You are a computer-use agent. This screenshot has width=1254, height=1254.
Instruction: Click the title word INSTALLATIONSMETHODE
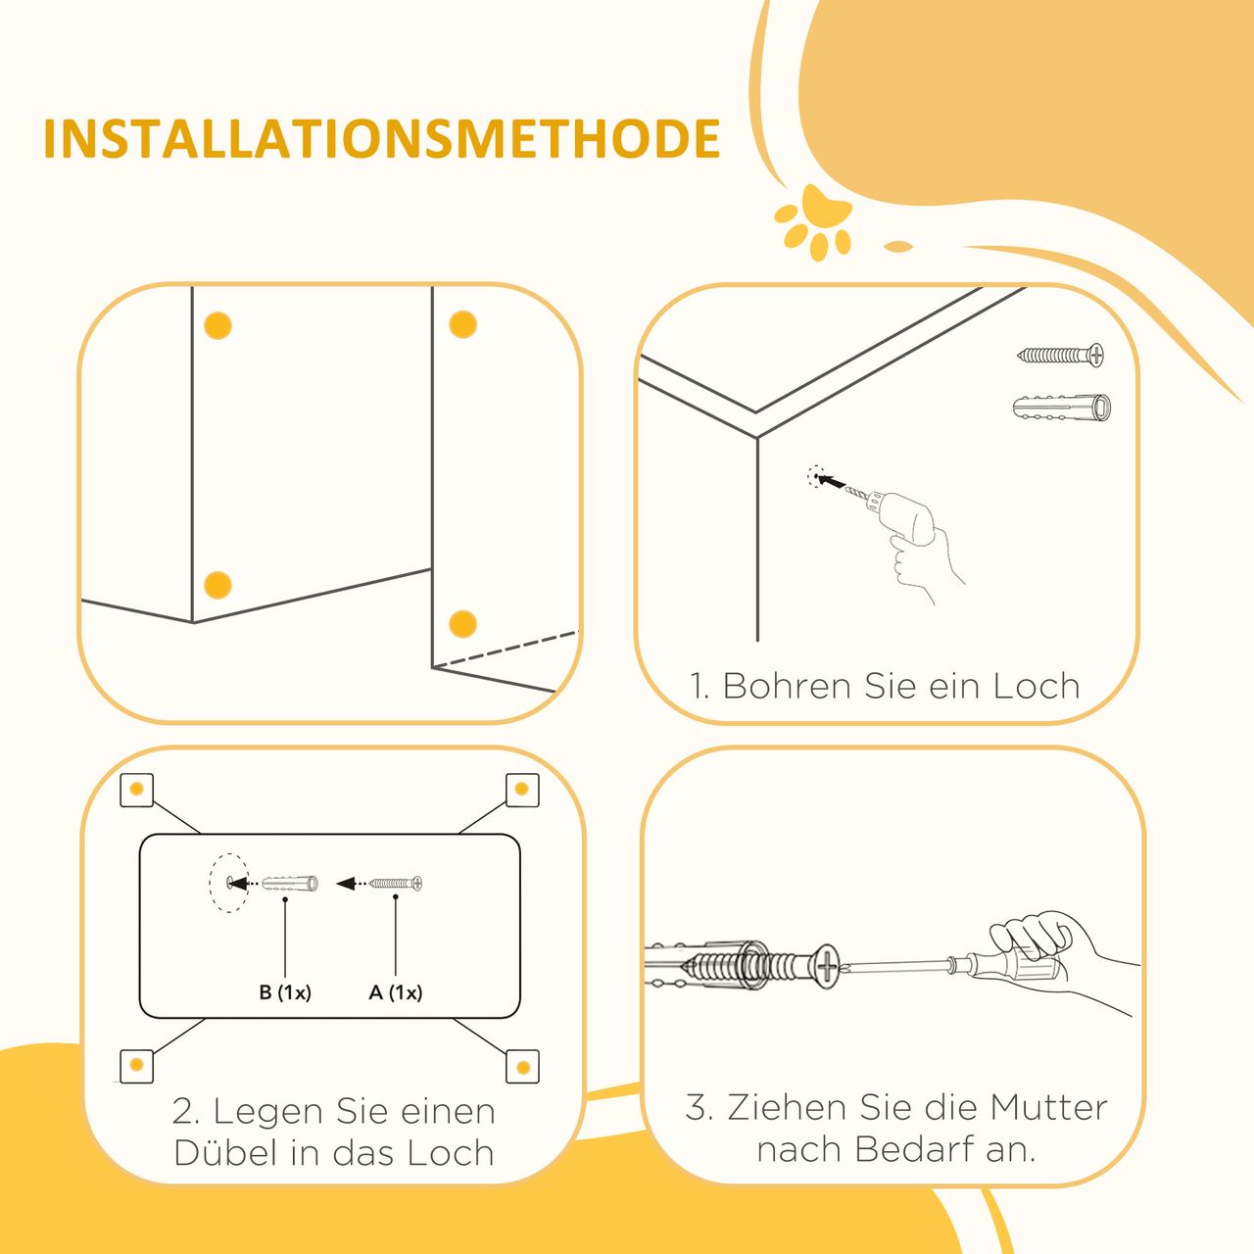pos(381,138)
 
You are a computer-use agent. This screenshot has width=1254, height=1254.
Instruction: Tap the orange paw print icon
pos(813,222)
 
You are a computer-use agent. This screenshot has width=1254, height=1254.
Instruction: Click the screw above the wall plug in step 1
pos(1060,355)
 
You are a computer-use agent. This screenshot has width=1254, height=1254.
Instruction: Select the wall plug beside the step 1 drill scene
pos(1062,408)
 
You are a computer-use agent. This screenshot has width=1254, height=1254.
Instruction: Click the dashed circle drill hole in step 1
pos(815,477)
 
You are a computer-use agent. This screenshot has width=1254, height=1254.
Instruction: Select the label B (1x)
pos(285,992)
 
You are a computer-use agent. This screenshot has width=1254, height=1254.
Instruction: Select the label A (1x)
pos(396,992)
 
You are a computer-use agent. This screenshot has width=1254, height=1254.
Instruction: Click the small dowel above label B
pos(290,883)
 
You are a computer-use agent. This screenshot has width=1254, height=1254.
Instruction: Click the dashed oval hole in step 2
pos(229,883)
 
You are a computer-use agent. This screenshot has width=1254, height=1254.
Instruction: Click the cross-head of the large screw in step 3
pos(828,969)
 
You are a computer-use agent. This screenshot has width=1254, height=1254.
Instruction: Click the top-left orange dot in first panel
pos(217,325)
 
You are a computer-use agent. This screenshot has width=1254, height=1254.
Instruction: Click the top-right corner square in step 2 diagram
pos(522,790)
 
